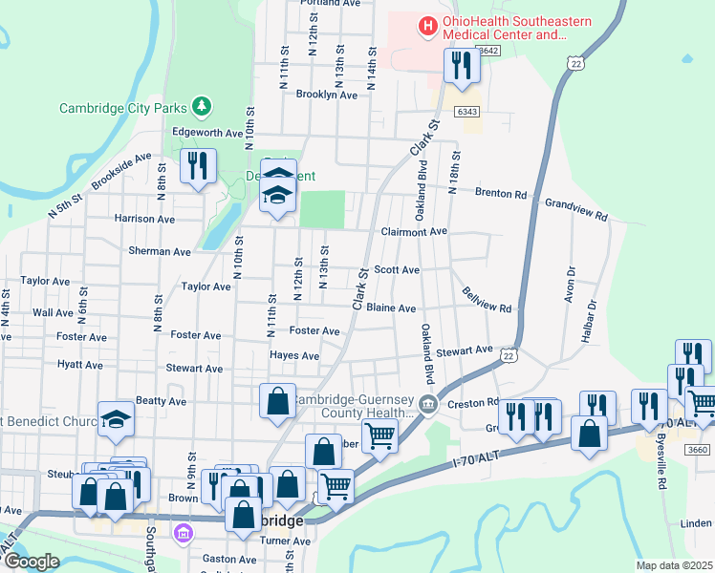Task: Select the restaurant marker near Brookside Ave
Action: (198, 166)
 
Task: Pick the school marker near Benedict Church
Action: (116, 419)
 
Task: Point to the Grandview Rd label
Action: (576, 210)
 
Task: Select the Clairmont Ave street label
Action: (414, 231)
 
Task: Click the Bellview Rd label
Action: (487, 300)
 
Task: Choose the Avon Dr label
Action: (569, 285)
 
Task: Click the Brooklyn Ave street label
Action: (326, 95)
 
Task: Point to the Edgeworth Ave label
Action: (207, 132)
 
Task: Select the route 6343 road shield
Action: (467, 112)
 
